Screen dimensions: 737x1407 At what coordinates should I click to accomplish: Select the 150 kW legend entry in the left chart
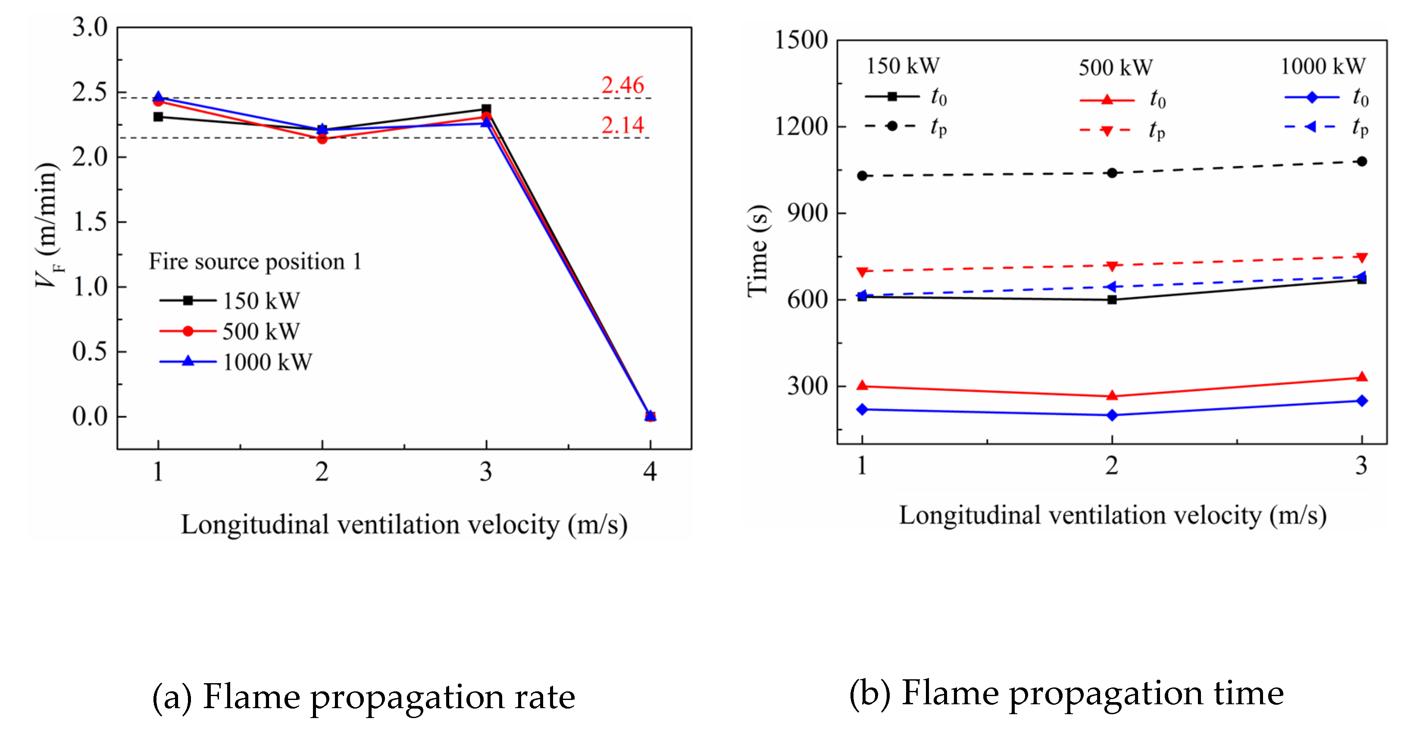[x=230, y=301]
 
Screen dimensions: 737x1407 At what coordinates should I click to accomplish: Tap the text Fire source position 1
[x=255, y=261]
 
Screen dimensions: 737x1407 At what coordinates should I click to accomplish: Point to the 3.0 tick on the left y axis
[x=90, y=27]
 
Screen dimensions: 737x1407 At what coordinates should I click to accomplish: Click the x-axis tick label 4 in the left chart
[x=650, y=472]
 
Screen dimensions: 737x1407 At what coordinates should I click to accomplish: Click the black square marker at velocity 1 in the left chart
[x=158, y=117]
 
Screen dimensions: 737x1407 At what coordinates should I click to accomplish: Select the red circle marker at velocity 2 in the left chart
[x=322, y=139]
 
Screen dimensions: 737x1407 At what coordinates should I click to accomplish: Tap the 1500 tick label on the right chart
[x=801, y=40]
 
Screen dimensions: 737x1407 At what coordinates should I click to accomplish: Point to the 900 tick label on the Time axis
[x=807, y=213]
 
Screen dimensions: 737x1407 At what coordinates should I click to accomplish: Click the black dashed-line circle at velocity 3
[x=1362, y=162]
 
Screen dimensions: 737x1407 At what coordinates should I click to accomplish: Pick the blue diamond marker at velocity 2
[x=1112, y=415]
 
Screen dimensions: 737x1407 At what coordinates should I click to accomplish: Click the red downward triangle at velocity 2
[x=1112, y=266]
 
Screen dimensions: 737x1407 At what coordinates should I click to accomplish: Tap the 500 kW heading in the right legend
[x=1115, y=68]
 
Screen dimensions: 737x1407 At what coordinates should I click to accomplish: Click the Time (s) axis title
[x=758, y=251]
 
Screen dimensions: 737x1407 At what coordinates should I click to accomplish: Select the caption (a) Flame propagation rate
[x=363, y=697]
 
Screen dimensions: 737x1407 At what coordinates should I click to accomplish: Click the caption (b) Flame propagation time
[x=1066, y=693]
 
